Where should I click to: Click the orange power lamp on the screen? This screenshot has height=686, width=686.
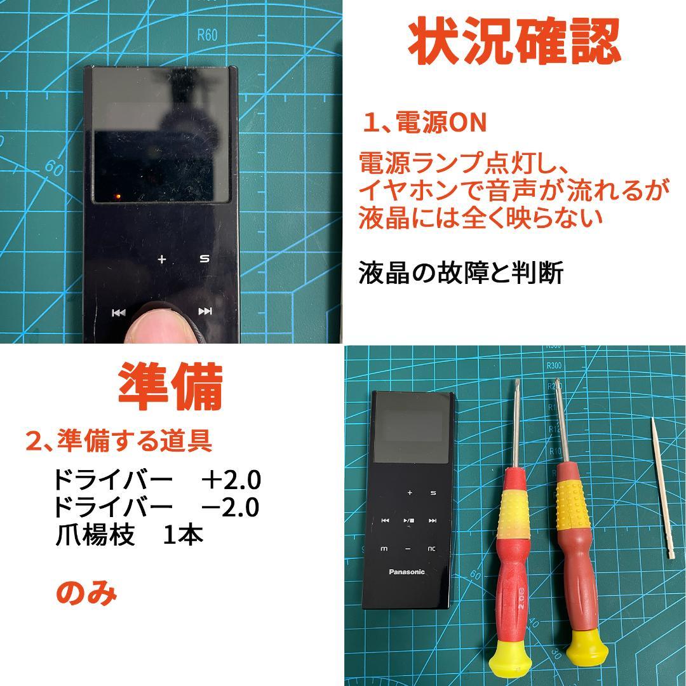click(118, 196)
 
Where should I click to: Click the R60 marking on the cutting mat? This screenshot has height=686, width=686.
click(207, 35)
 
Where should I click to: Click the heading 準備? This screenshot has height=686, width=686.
click(171, 387)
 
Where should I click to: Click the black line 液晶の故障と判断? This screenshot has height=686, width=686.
click(461, 273)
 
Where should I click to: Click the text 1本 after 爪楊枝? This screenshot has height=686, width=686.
click(183, 535)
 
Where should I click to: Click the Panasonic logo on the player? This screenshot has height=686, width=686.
click(407, 572)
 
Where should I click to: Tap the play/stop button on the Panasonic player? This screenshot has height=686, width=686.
click(408, 521)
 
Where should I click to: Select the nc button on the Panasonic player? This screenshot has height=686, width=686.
click(432, 548)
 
